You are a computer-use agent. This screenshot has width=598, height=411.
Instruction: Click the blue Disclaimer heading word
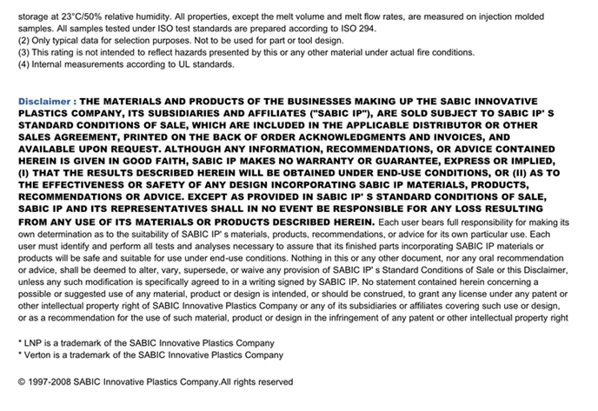click(x=44, y=102)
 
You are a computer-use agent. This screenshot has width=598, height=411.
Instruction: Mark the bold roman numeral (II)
click(x=509, y=173)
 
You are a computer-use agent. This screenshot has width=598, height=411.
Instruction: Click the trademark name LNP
click(x=36, y=342)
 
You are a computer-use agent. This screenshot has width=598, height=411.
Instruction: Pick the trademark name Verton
click(x=40, y=355)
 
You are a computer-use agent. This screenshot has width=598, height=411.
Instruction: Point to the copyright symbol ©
click(x=22, y=382)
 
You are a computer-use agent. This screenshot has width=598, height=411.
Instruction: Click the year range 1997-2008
click(x=50, y=382)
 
